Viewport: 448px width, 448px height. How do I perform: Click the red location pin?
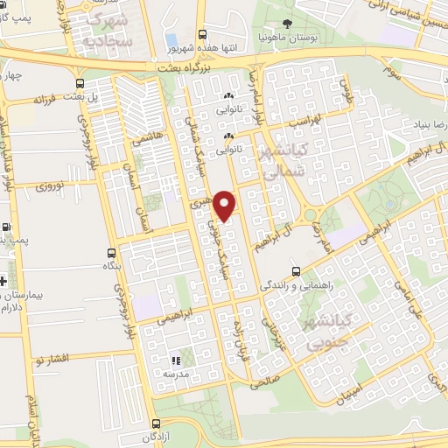pos(226,205)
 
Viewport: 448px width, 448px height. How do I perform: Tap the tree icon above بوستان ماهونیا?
pos(289,25)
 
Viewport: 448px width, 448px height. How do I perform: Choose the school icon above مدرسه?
pos(175,360)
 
